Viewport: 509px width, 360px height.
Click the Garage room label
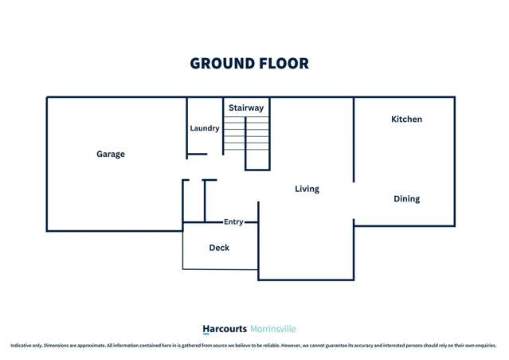coord(111,154)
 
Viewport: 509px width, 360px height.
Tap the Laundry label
coord(205,128)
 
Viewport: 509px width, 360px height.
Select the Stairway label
coord(246,108)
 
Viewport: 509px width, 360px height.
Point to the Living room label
coord(307,189)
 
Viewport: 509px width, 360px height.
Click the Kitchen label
coord(406,119)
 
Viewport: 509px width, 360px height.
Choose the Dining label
coord(406,198)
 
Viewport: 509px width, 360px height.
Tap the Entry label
coord(233,222)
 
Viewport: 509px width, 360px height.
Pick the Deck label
coord(219,248)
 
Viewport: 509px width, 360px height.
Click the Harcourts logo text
coord(225,329)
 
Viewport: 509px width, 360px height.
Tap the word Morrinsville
coord(273,329)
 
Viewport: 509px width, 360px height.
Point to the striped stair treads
coord(247,133)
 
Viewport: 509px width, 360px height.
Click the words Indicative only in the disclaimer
coord(26,346)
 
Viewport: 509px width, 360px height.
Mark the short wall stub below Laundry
coord(198,155)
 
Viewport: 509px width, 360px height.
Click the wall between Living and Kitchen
coord(354,139)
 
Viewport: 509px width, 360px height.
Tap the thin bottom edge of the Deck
coord(220,269)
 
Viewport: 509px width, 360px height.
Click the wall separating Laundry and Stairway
coord(223,126)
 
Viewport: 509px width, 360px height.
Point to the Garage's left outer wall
coord(47,164)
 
